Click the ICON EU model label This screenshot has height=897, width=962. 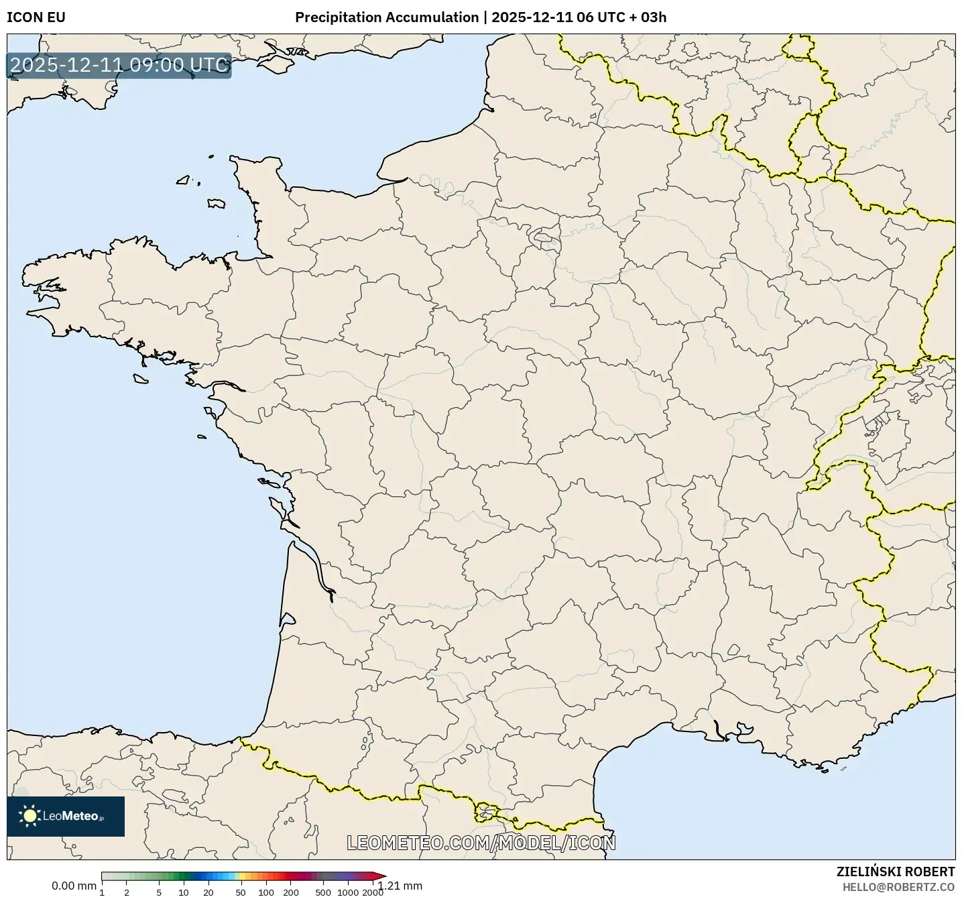pos(36,17)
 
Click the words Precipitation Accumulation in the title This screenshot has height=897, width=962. pos(387,17)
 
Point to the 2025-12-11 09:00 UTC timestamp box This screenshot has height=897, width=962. pos(119,65)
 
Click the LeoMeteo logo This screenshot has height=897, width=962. pos(66,816)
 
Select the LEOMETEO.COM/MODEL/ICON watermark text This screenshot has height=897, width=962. pos(481,843)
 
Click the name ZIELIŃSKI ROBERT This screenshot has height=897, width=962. pos(896,872)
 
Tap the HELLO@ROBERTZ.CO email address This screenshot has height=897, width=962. pos(898,887)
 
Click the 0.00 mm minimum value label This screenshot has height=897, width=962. pos(74,886)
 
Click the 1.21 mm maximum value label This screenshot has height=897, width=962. pos(400,886)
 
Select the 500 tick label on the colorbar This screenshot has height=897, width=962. pos(323,892)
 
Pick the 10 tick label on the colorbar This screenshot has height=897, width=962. pos(184,892)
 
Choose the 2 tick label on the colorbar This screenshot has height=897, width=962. pos(127,892)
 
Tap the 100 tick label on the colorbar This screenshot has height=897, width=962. pos(266,892)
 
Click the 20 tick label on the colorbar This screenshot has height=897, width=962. pos(208,892)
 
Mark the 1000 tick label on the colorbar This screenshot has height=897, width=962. pos(348,892)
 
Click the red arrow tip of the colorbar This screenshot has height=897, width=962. pos(381,876)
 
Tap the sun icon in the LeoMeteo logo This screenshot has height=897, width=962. pos(30,816)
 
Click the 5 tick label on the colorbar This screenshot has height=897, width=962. pos(159,892)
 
